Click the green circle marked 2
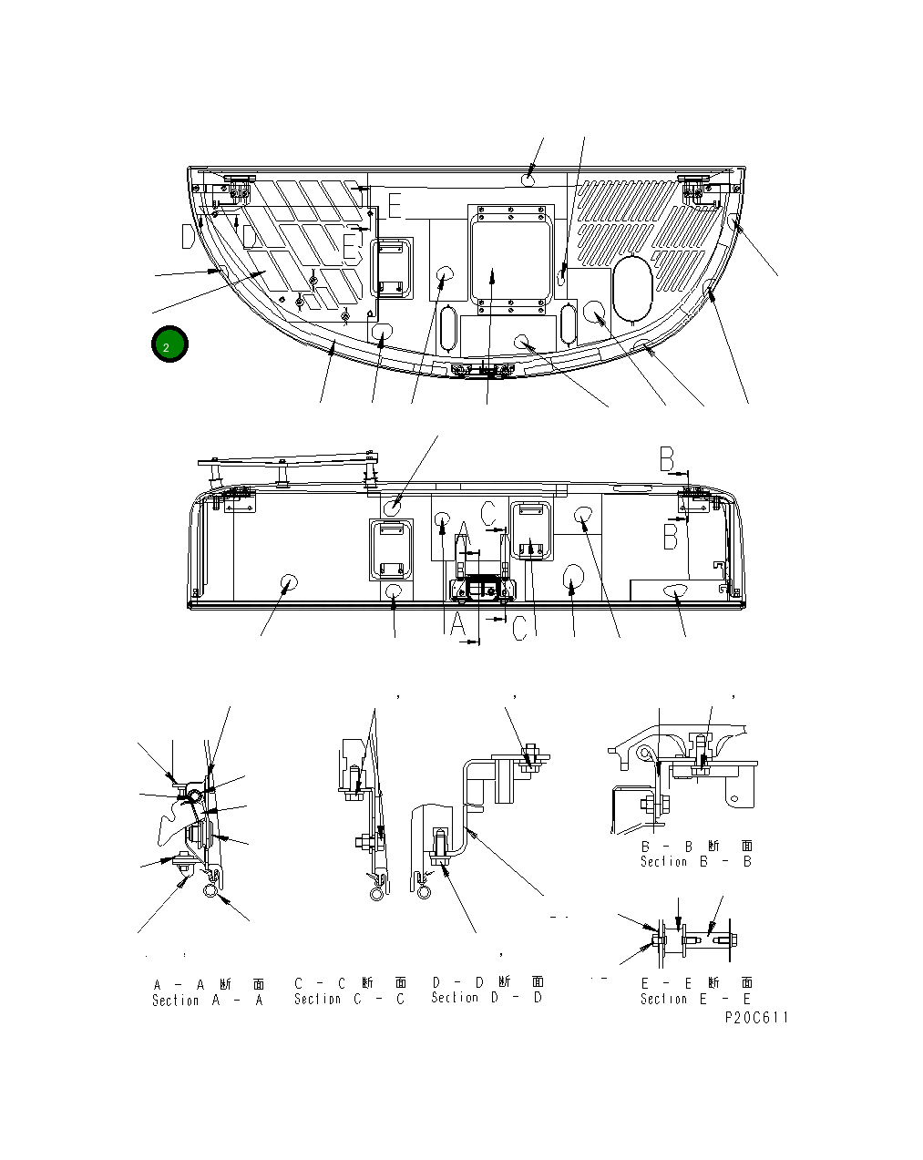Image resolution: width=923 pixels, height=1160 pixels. pos(169,346)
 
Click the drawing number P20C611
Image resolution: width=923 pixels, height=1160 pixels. pos(756,1018)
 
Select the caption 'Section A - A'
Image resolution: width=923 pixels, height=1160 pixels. pos(208,1000)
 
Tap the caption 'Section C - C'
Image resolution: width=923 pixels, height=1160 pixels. pos(350,999)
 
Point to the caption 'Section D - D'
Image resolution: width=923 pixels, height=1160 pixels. pos(487,998)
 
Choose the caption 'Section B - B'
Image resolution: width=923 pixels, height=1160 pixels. pos(696,861)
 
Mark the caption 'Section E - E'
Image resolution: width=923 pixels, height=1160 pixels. pos(696,999)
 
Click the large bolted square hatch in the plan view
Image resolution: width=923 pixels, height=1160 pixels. pos(510,254)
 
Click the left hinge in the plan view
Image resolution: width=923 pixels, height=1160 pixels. pos(231,188)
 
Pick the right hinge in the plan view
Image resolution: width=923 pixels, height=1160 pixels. pos(703,187)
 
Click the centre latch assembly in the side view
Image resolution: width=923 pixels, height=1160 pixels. pos(481,588)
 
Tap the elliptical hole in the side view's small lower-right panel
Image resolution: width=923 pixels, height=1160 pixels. pos(675,590)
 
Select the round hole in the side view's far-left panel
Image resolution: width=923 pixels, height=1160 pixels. pos(289,583)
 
